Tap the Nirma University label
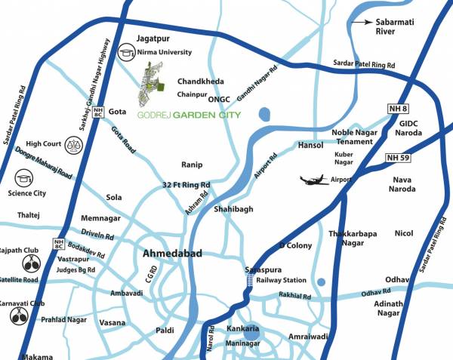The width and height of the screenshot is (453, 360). (x=165, y=53)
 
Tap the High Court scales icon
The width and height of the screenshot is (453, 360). (x=74, y=142)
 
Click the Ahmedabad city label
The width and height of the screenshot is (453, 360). (x=172, y=255)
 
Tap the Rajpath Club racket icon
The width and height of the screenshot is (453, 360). (x=32, y=264)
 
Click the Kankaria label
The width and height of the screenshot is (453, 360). (x=243, y=330)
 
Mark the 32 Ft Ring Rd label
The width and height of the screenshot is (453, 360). (x=186, y=185)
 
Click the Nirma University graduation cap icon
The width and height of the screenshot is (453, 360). (x=127, y=53)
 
